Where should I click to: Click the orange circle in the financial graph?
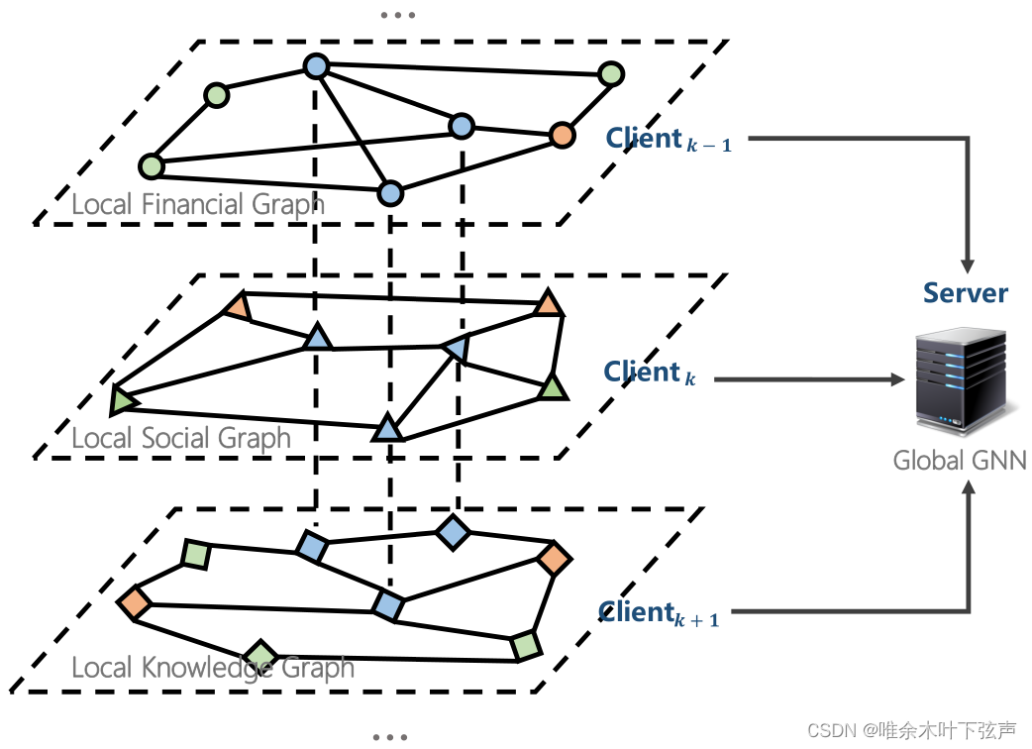click(562, 134)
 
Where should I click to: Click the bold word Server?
click(965, 293)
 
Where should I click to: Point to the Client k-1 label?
click(670, 140)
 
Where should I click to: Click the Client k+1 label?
click(659, 613)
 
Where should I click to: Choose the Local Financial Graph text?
click(198, 205)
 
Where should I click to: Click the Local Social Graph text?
click(181, 438)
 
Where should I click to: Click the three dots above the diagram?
click(397, 16)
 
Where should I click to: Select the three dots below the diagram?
click(390, 737)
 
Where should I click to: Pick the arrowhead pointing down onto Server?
click(967, 267)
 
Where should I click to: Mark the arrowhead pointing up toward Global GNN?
click(969, 486)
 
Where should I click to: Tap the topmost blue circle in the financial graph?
click(315, 67)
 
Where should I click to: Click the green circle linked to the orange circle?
click(611, 74)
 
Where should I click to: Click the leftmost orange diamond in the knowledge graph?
click(134, 601)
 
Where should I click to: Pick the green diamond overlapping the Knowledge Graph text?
click(261, 656)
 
